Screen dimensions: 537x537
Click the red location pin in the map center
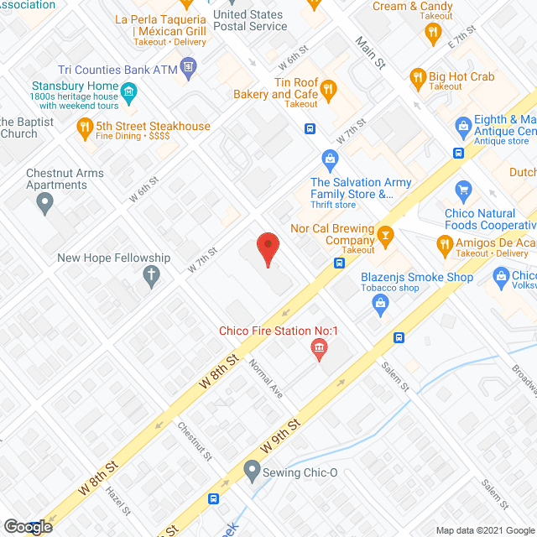(268, 249)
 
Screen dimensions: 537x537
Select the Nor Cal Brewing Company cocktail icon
(386, 234)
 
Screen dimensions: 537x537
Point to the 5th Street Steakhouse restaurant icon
(85, 128)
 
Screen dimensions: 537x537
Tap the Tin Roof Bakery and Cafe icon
(329, 88)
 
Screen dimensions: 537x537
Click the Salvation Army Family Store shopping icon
(331, 159)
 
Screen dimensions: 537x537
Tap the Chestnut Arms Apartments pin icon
(47, 201)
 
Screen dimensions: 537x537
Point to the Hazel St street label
(117, 501)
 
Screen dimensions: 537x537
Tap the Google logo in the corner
(28, 527)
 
